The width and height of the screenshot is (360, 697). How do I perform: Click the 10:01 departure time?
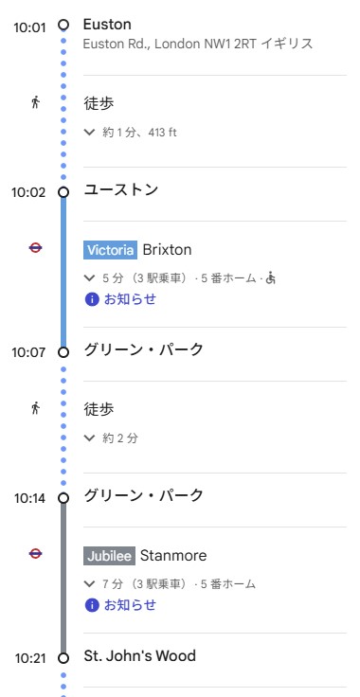point(28,27)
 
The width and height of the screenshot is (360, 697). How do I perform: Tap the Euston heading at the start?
point(107,25)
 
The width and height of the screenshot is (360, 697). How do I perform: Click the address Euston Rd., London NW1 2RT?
point(198,45)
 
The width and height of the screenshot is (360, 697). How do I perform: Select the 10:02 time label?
point(28,192)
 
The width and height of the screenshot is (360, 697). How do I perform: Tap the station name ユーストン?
point(120,190)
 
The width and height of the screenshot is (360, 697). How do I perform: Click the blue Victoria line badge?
point(111,250)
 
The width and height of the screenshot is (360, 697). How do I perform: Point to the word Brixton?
point(167,250)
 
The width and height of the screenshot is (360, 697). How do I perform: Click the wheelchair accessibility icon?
point(270,278)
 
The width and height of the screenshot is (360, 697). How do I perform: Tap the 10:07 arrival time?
point(28,352)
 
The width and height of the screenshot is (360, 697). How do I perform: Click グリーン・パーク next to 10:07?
point(143,350)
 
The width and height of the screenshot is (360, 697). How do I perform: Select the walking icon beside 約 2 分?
point(36,408)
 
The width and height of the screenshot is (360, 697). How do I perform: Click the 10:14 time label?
point(28,498)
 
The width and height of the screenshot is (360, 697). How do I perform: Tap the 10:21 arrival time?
point(28,658)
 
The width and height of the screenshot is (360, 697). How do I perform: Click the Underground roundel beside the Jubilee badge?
point(36,554)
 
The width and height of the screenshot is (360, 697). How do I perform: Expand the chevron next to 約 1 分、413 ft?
point(90,133)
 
